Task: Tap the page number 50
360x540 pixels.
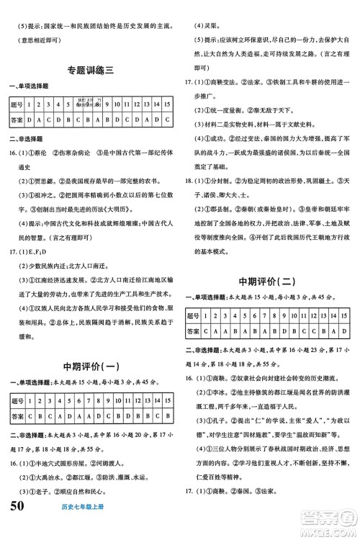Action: tap(22, 524)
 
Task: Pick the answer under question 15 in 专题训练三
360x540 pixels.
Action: tap(166, 119)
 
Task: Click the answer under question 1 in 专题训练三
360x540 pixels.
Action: tap(35, 119)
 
